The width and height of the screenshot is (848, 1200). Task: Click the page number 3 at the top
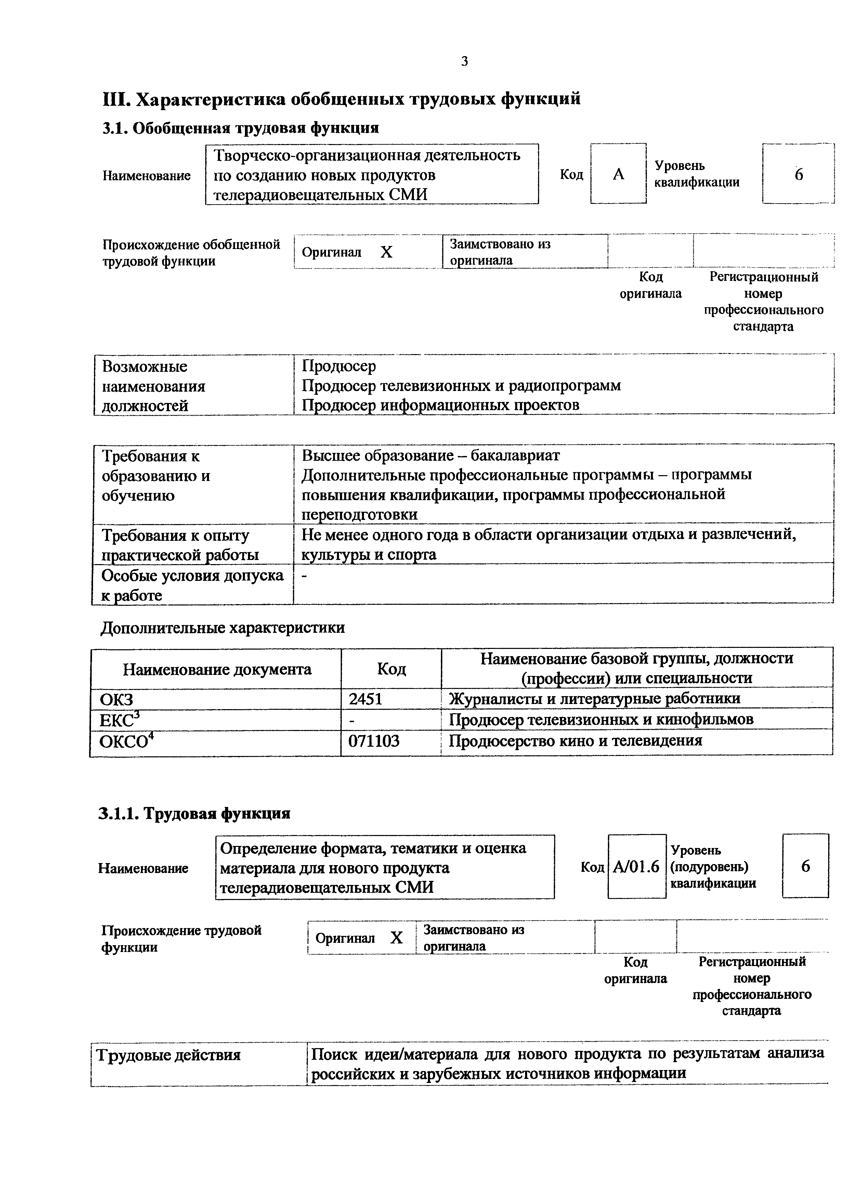(x=465, y=62)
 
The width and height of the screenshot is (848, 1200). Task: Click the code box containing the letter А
(x=618, y=174)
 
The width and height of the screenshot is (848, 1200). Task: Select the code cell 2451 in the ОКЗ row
(x=366, y=699)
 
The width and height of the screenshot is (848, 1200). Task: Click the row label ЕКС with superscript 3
(x=120, y=720)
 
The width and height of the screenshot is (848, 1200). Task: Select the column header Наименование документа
(x=217, y=669)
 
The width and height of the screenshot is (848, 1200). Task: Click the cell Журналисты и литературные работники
(x=595, y=699)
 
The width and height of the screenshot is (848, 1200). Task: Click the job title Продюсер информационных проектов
(x=441, y=405)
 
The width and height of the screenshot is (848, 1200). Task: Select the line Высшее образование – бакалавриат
(x=431, y=456)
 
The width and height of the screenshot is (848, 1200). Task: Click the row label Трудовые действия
(x=169, y=1055)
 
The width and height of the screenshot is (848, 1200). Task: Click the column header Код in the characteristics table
(x=391, y=669)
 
